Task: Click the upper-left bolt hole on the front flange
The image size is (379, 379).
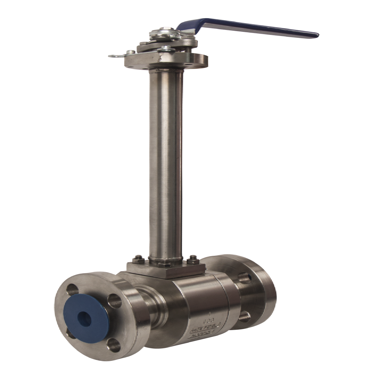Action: (72, 290)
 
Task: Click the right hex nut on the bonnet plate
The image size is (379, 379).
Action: (193, 260)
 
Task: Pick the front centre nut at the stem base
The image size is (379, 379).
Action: (166, 264)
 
